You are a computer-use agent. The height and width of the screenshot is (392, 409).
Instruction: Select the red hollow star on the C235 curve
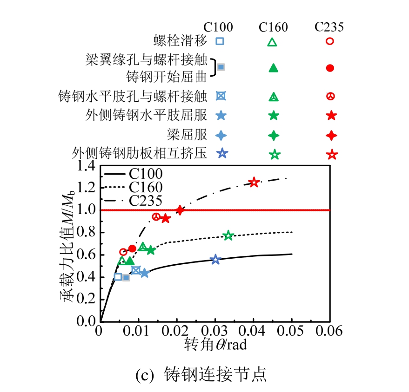tap(254, 182)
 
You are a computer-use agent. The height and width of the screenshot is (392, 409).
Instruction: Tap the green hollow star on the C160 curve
tap(228, 235)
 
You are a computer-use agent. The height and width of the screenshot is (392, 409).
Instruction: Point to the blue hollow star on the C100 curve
tap(215, 259)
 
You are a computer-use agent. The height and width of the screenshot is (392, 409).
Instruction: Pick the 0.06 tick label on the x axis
tap(330, 332)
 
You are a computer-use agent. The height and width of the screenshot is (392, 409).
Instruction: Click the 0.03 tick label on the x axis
tap(215, 332)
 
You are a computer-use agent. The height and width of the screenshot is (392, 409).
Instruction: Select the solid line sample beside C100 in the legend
tap(115, 175)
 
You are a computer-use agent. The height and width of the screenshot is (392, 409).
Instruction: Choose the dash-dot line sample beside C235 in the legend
tap(115, 201)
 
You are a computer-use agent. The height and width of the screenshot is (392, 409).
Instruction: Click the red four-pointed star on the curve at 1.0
tap(180, 210)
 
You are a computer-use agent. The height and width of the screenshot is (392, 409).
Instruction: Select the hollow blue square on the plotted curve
tap(118, 277)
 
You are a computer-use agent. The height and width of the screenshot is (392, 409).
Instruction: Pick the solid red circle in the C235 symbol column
tap(330, 68)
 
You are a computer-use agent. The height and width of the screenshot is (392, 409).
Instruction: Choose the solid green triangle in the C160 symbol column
tap(273, 68)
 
